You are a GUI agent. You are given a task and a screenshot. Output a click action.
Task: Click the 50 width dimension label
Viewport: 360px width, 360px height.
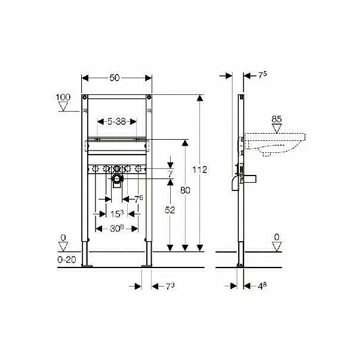(x=117, y=78)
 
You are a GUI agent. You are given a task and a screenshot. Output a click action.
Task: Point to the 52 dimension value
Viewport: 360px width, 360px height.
(x=171, y=210)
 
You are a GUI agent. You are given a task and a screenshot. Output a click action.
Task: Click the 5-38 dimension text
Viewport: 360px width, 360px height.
(x=116, y=121)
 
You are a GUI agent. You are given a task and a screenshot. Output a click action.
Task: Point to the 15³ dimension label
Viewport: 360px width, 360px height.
(x=117, y=213)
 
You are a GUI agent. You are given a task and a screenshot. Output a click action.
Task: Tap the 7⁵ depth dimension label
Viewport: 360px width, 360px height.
(x=263, y=75)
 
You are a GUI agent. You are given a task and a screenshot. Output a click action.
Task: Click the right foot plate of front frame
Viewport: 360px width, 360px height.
(x=147, y=263)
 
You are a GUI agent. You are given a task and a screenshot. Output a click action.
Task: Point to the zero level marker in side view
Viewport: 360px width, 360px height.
(x=276, y=240)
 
